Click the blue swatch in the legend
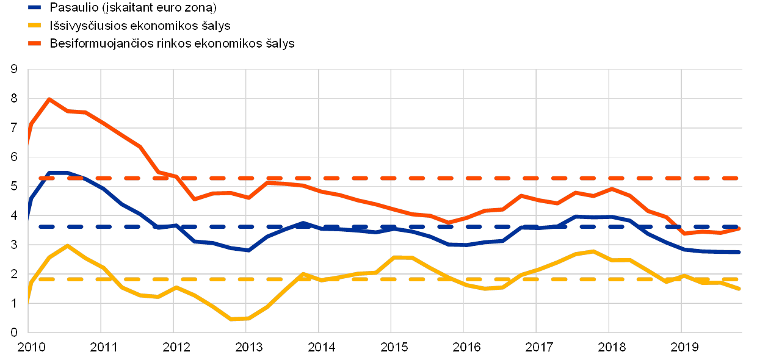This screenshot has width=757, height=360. click(x=35, y=8)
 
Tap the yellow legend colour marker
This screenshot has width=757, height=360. click(x=35, y=26)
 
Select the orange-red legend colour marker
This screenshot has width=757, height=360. click(x=35, y=43)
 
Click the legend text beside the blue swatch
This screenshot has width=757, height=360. click(x=135, y=8)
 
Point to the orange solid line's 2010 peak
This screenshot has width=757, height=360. click(x=49, y=98)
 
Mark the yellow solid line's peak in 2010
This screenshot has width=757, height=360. click(x=67, y=245)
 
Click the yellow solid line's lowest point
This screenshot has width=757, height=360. click(x=231, y=319)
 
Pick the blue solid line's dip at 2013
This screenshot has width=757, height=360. click(x=248, y=250)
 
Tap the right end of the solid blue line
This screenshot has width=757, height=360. click(x=739, y=252)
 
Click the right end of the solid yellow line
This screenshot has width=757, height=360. click(x=739, y=289)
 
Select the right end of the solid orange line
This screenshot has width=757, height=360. click(x=739, y=228)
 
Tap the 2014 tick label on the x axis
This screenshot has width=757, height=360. click(x=319, y=347)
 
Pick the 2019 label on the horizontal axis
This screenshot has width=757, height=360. click(x=681, y=347)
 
